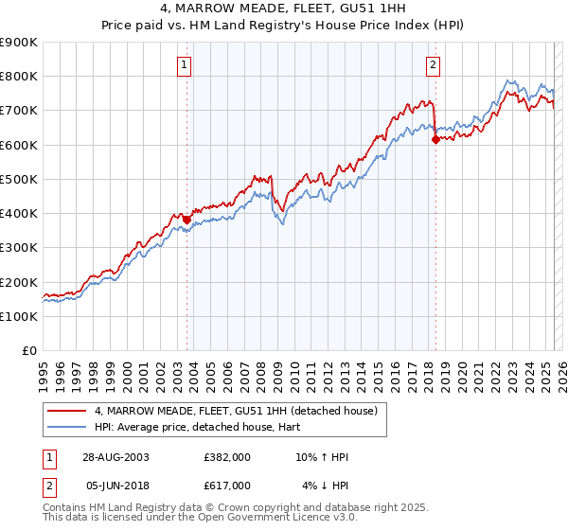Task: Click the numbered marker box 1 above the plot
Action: tap(183, 65)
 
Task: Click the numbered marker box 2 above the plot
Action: tap(433, 65)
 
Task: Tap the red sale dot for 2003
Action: tap(186, 220)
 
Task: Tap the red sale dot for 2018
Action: tap(435, 139)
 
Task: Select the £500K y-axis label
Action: tap(18, 179)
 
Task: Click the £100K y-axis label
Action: tap(18, 316)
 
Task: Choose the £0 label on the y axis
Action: tap(28, 351)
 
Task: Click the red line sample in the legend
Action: tap(68, 411)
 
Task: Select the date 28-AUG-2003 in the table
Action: tap(115, 457)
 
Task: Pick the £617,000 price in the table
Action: tap(226, 485)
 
